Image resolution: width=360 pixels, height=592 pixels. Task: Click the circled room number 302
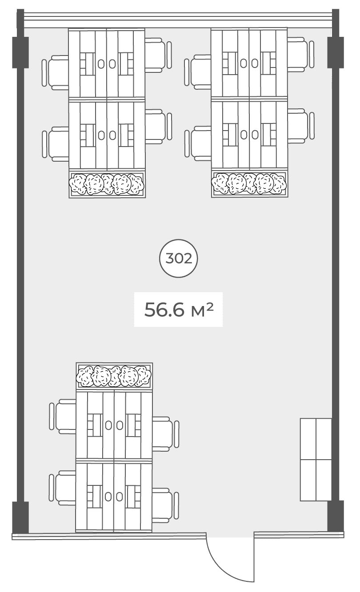179,258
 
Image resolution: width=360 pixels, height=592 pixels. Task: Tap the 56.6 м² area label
179,310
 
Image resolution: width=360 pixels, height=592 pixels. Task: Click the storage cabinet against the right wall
316,460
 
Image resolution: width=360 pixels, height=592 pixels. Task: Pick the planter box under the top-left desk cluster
107,184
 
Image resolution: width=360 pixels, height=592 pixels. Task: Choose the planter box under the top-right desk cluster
250,184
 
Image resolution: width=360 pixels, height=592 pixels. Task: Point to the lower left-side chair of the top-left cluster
56,144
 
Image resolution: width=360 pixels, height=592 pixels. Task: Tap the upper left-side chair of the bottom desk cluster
63,416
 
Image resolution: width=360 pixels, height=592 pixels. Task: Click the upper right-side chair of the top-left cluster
158,55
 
